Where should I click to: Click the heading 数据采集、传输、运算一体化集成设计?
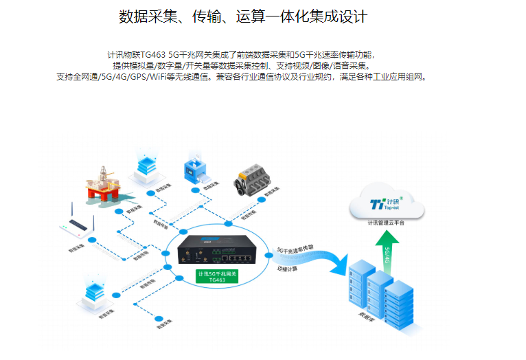coord(242,16)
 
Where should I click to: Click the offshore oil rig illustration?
coord(103,183)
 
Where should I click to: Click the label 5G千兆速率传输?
coord(295,249)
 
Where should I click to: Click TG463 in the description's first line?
coord(154,54)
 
